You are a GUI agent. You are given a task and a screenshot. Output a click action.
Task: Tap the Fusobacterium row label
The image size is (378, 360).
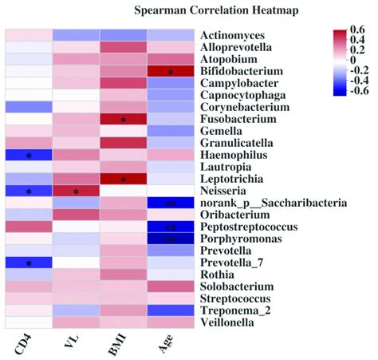tap(238, 120)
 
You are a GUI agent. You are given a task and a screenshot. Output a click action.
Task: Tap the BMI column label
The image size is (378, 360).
tap(123, 345)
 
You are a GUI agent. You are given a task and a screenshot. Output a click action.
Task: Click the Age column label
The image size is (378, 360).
tap(170, 345)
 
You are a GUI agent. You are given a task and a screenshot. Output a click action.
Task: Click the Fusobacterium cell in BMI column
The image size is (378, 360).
tap(124, 120)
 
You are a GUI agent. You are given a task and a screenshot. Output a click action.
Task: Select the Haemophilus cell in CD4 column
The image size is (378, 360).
tap(28, 156)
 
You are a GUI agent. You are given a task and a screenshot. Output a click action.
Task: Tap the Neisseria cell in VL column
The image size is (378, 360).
tap(76, 191)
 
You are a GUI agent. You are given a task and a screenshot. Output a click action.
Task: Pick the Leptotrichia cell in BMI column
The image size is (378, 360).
tap(124, 179)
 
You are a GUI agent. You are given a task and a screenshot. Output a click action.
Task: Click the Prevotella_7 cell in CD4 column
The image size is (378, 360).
tap(28, 263)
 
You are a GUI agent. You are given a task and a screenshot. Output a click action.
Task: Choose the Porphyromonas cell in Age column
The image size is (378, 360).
tap(171, 239)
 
